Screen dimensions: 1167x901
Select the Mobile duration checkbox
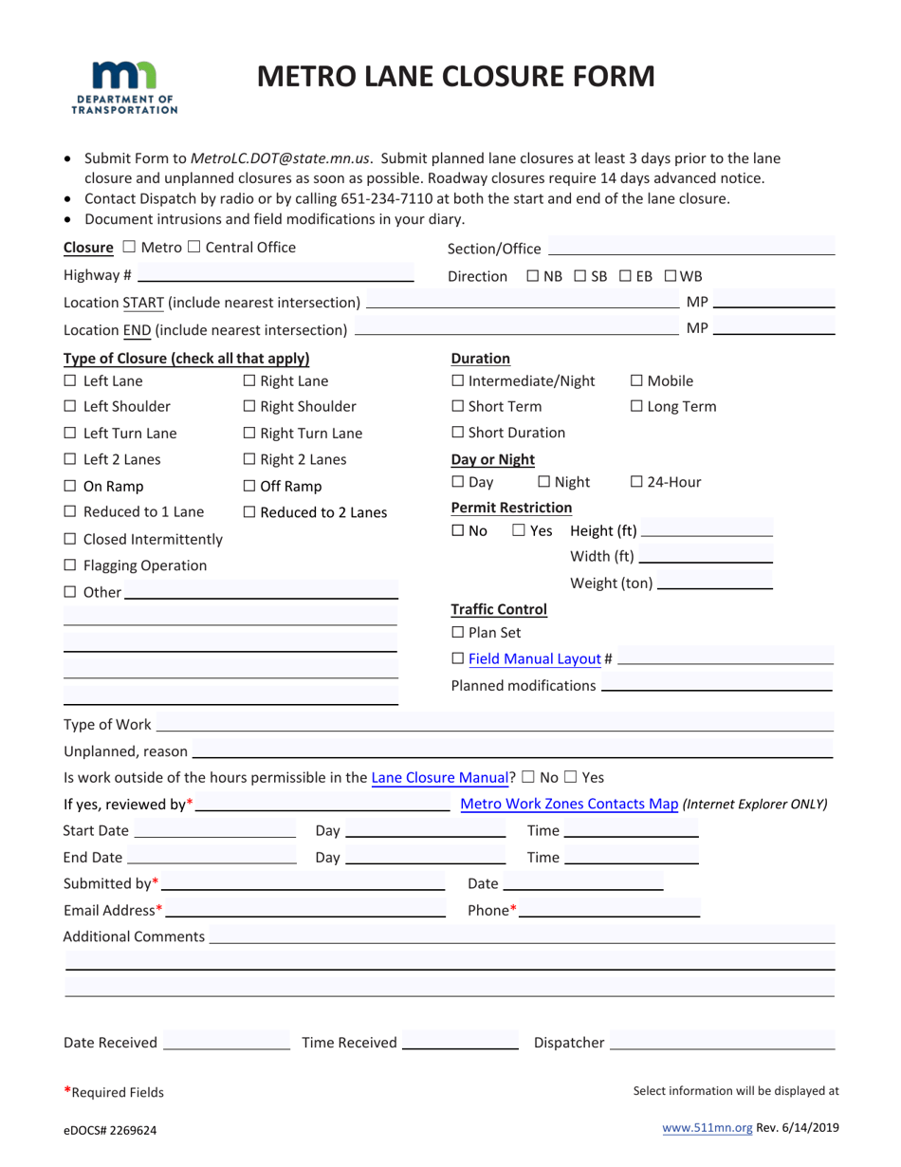pyautogui.click(x=636, y=381)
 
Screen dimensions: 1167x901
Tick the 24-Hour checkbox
pyautogui.click(x=636, y=482)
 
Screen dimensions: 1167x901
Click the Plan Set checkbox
pyautogui.click(x=457, y=633)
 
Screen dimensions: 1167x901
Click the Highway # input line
pyautogui.click(x=275, y=275)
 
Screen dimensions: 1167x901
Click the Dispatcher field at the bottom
pyautogui.click(x=722, y=1043)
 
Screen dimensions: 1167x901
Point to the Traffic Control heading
pyautogui.click(x=498, y=610)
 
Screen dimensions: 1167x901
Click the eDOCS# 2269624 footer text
pyautogui.click(x=110, y=1130)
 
